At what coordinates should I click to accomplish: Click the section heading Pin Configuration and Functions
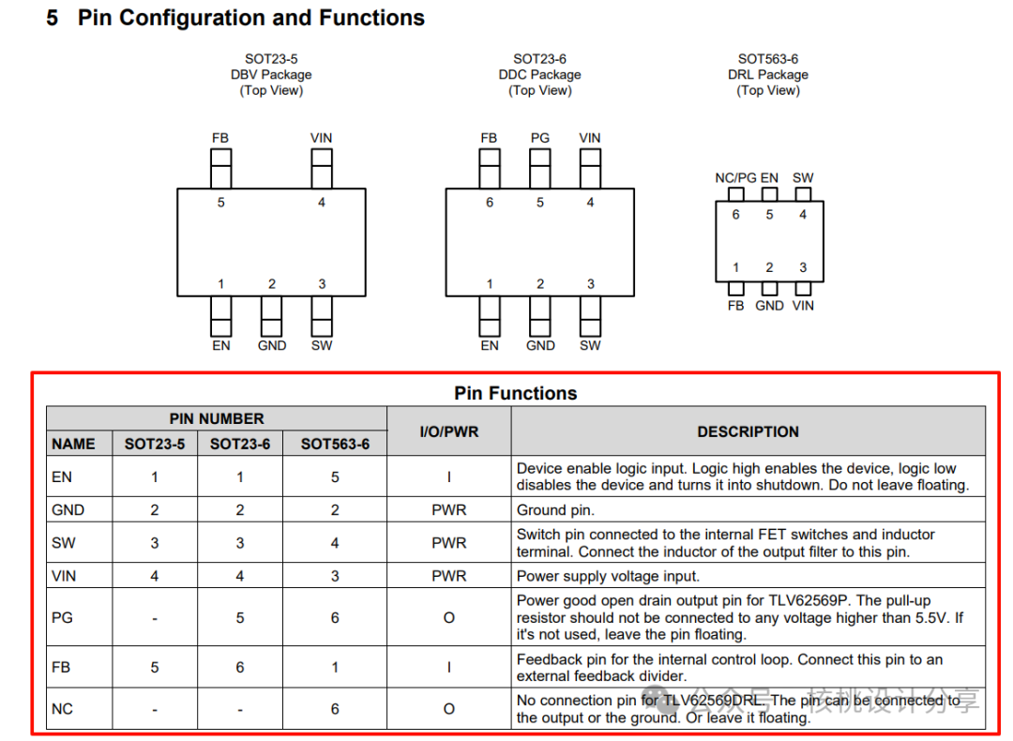coord(250,18)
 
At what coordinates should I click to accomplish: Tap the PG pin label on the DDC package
coord(540,138)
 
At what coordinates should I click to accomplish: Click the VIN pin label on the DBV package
coord(321,138)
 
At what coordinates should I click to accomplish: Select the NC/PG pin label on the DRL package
coord(735,177)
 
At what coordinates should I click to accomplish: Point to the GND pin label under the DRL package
coord(769,306)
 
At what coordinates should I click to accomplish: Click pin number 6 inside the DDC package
coord(490,203)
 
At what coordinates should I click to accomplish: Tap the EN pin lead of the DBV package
coord(221,316)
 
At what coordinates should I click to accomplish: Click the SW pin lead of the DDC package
coord(591,316)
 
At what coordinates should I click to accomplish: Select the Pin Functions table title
coord(516,393)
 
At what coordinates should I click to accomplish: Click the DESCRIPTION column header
coord(748,431)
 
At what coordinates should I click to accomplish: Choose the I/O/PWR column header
coord(449,431)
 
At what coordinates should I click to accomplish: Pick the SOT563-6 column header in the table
coord(335,444)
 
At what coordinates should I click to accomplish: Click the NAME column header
coord(74,444)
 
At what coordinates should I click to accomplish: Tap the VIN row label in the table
coord(64,576)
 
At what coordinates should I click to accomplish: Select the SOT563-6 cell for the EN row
coord(335,476)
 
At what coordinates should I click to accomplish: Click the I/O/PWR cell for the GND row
coord(449,509)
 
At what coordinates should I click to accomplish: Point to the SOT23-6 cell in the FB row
coord(240,667)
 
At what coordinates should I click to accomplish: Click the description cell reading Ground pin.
coord(555,509)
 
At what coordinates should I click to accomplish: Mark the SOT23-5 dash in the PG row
coord(155,619)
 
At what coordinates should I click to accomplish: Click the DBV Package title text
coord(271,74)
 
